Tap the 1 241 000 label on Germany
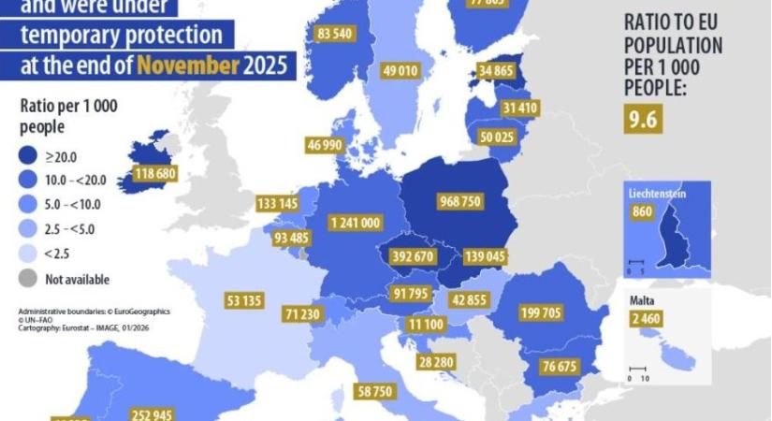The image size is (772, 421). tap(355, 223)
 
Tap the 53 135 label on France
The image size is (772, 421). tap(244, 301)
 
